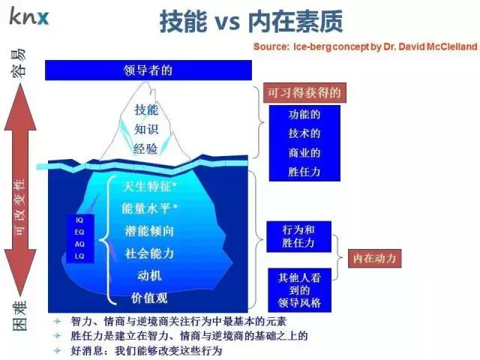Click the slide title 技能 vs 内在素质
point(251,22)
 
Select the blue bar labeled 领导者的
point(148,70)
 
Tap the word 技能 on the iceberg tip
point(146,109)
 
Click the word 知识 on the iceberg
point(146,128)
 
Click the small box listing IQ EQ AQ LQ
point(80,238)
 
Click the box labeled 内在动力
point(374,259)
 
